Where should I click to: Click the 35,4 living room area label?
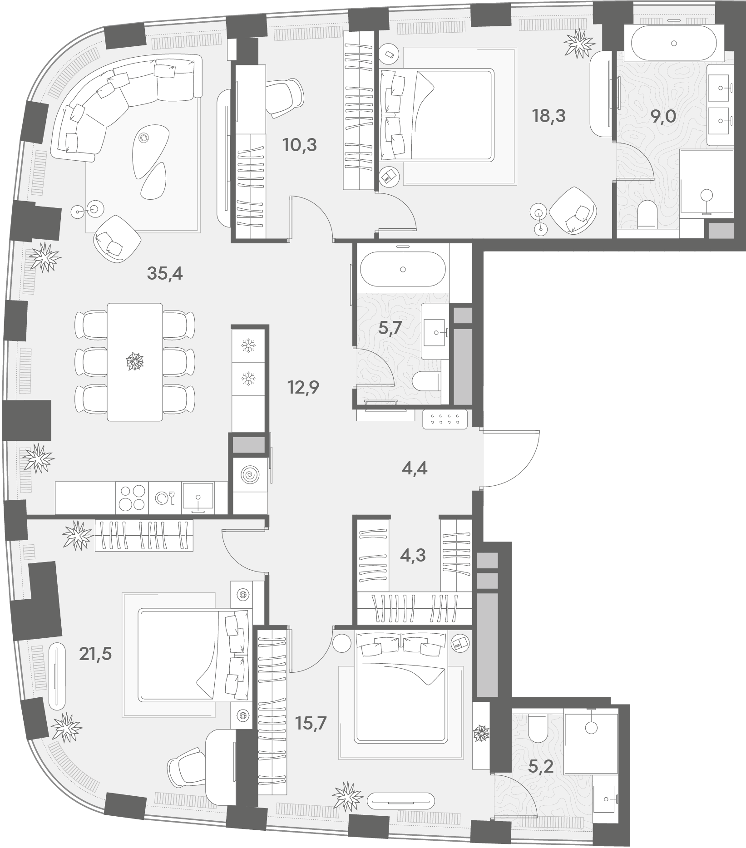(165, 274)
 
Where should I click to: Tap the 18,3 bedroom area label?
(549, 116)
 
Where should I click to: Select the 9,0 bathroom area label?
(663, 117)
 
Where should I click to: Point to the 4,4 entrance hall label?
(415, 468)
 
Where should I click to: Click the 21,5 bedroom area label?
(95, 654)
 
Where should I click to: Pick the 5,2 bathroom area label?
(541, 767)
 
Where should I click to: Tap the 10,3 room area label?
(299, 145)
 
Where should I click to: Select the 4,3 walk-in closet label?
(413, 555)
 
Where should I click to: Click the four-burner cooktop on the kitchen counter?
(132, 498)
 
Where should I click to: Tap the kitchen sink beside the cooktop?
(198, 498)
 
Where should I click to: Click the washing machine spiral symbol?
(249, 475)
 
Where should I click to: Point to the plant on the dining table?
(135, 362)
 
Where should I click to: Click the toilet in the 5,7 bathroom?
(427, 381)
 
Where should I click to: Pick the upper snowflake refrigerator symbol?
(248, 346)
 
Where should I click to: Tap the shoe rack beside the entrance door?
(445, 419)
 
